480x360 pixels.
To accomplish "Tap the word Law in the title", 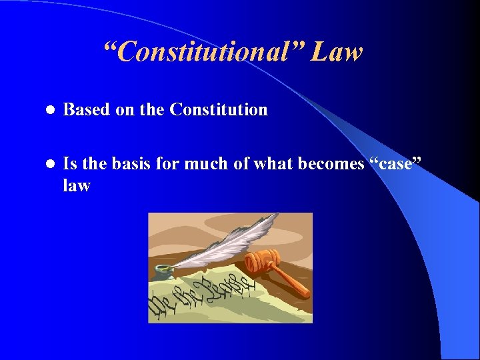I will [337, 52].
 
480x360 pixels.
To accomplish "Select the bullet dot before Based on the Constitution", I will [48, 110].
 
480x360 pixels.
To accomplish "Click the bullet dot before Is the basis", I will [48, 164].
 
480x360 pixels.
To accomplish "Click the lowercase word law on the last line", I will [76, 186].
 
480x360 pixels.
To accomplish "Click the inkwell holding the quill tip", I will [163, 271].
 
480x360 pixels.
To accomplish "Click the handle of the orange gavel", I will [294, 283].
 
